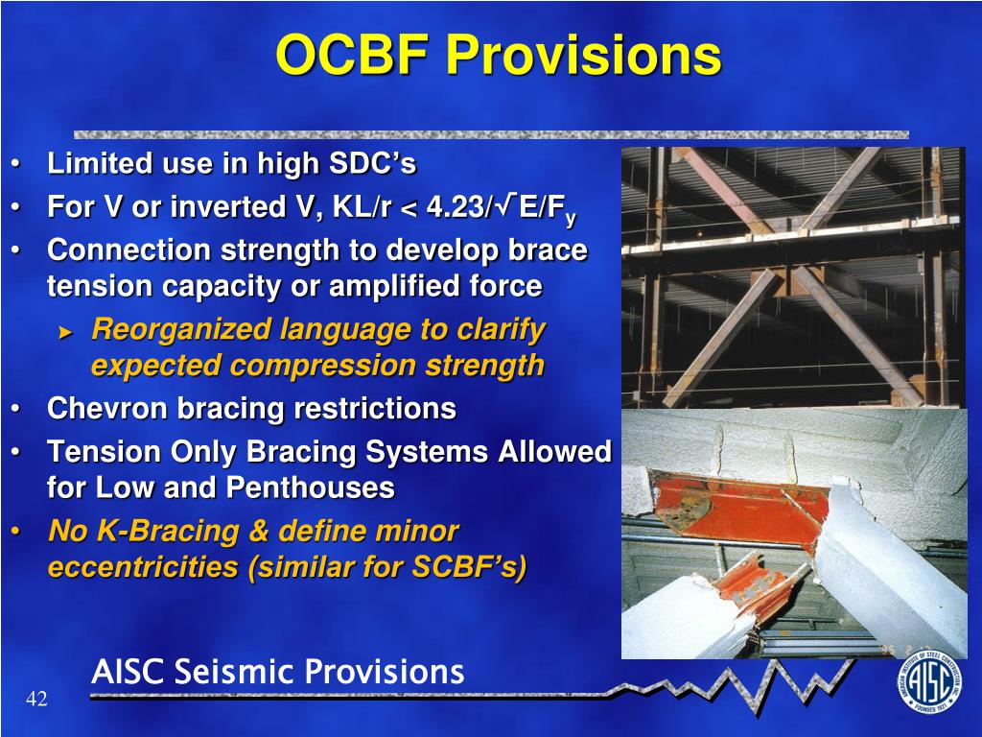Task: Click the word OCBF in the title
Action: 352,54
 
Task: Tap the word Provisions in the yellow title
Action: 583,54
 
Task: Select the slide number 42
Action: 36,699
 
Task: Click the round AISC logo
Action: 930,682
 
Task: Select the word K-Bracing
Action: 167,531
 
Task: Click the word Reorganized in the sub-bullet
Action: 181,330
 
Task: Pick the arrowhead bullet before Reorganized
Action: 66,332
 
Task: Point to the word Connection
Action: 129,250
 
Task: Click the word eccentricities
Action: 143,566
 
